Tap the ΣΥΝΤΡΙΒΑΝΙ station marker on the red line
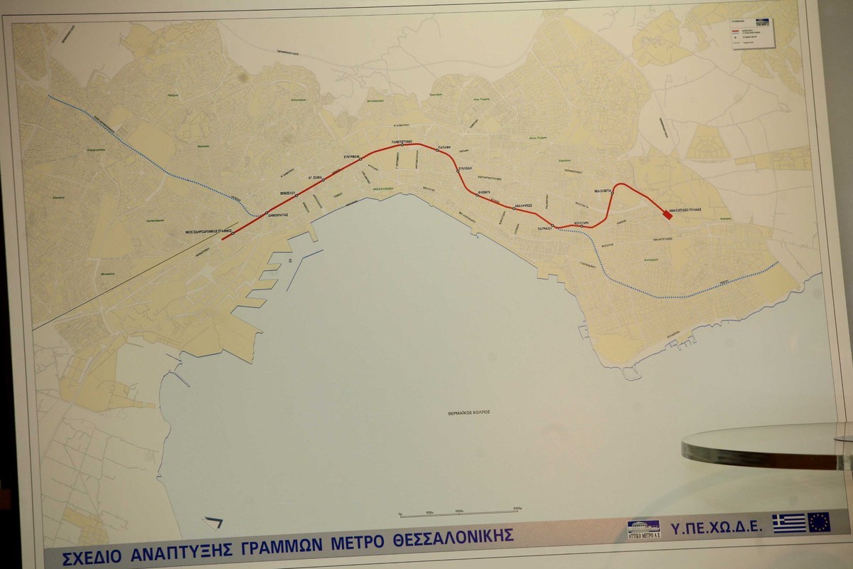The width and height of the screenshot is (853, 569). click(360, 159)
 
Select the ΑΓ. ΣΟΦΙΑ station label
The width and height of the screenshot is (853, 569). click(316, 174)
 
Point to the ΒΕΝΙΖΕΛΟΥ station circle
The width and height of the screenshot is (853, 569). click(296, 195)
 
